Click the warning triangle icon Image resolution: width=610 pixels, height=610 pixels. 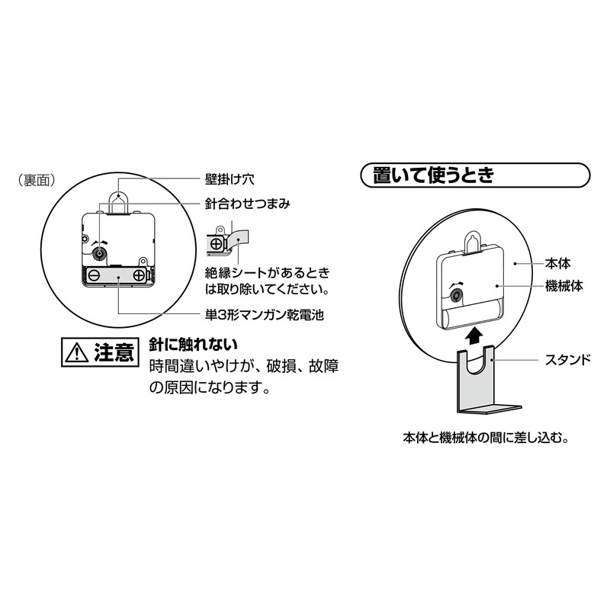pyautogui.click(x=78, y=353)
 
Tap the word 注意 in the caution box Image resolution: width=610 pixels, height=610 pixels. pyautogui.click(x=114, y=353)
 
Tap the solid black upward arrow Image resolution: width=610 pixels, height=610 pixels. pyautogui.click(x=474, y=333)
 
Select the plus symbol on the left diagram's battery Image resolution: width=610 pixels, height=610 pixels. pyautogui.click(x=140, y=275)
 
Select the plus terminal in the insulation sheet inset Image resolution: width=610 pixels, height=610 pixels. pyautogui.click(x=217, y=244)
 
